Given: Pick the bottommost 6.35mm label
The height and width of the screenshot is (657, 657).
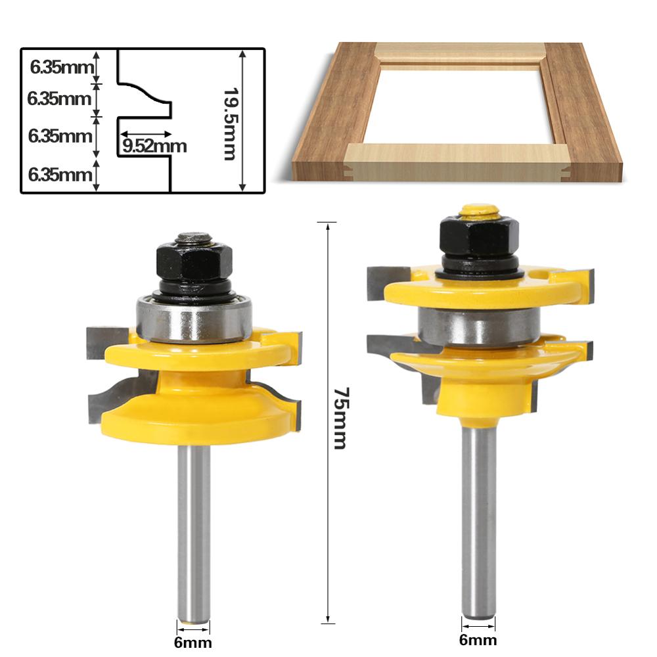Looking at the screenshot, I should pyautogui.click(x=59, y=175).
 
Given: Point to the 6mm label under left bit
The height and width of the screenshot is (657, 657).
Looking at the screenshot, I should pyautogui.click(x=193, y=643).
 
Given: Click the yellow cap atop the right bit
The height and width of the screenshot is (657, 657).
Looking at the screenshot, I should pyautogui.click(x=479, y=211).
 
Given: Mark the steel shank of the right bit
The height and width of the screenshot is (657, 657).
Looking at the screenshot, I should pyautogui.click(x=479, y=512).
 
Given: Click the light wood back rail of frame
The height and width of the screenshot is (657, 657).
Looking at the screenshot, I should pyautogui.click(x=460, y=53).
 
